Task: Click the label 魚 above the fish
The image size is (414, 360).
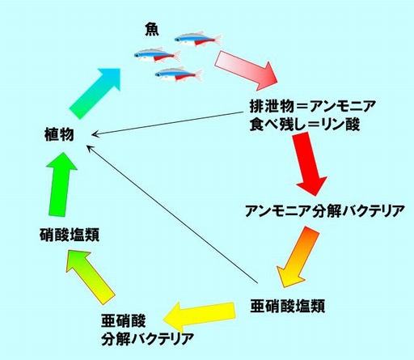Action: pos(152,29)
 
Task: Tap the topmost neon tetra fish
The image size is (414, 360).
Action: pos(198,39)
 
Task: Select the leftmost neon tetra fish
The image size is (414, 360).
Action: pos(158,55)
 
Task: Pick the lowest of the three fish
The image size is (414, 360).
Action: pos(179,74)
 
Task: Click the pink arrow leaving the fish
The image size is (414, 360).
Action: pos(247,70)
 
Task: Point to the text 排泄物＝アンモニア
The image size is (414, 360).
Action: pos(312,106)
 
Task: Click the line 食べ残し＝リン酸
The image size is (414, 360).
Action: pos(305,125)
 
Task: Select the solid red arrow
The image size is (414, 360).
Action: pos(310,164)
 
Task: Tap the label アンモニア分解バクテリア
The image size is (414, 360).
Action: pos(325,211)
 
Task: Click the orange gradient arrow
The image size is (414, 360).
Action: pos(298,257)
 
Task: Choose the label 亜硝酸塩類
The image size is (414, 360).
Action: pos(288,306)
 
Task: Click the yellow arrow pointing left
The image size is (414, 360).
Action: pos(199,316)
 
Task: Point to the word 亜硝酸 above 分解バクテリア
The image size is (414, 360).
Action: pos(124,321)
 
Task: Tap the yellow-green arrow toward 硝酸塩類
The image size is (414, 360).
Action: pos(91,277)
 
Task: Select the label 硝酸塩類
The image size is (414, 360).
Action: pos(70,235)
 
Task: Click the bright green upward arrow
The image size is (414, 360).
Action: pos(61,184)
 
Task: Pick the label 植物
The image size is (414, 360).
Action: pos(59,134)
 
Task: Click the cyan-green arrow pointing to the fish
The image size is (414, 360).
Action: pos(95,93)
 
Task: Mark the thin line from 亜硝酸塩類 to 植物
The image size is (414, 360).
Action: pos(172,214)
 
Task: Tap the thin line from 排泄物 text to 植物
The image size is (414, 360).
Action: pos(167,123)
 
